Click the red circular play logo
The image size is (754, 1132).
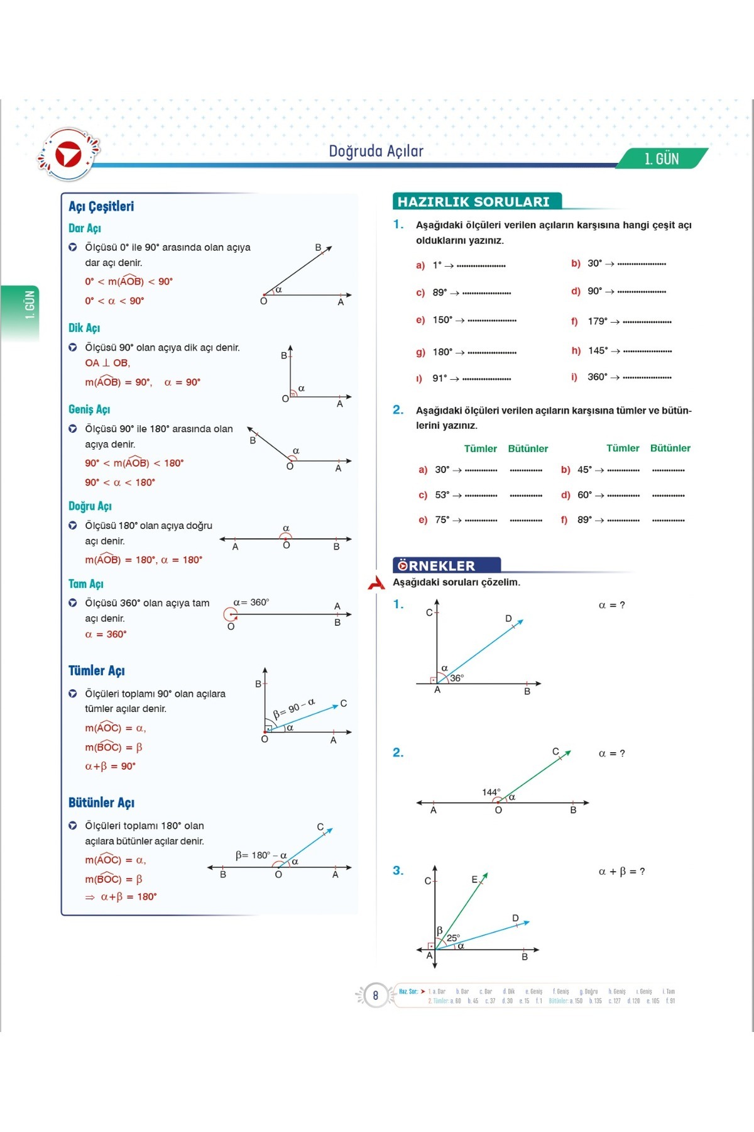68,155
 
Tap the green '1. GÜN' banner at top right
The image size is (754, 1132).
662,159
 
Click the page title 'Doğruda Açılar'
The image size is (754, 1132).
376,151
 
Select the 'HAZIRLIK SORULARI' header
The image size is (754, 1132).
474,202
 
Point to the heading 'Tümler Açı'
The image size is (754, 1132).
96,670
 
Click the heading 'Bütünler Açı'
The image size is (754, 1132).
101,802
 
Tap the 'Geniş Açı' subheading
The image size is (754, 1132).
89,409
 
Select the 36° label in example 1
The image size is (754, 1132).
457,678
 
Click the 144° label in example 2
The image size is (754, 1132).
491,792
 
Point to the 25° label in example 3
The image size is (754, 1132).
453,938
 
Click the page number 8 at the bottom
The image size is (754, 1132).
376,996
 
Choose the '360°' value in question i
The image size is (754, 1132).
597,377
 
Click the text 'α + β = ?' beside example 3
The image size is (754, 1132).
621,872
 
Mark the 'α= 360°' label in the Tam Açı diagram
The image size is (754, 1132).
251,602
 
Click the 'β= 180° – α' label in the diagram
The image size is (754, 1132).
261,855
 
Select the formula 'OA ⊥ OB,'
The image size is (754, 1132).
107,363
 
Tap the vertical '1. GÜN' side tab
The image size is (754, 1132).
29,305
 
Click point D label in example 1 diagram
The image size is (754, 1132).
508,619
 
